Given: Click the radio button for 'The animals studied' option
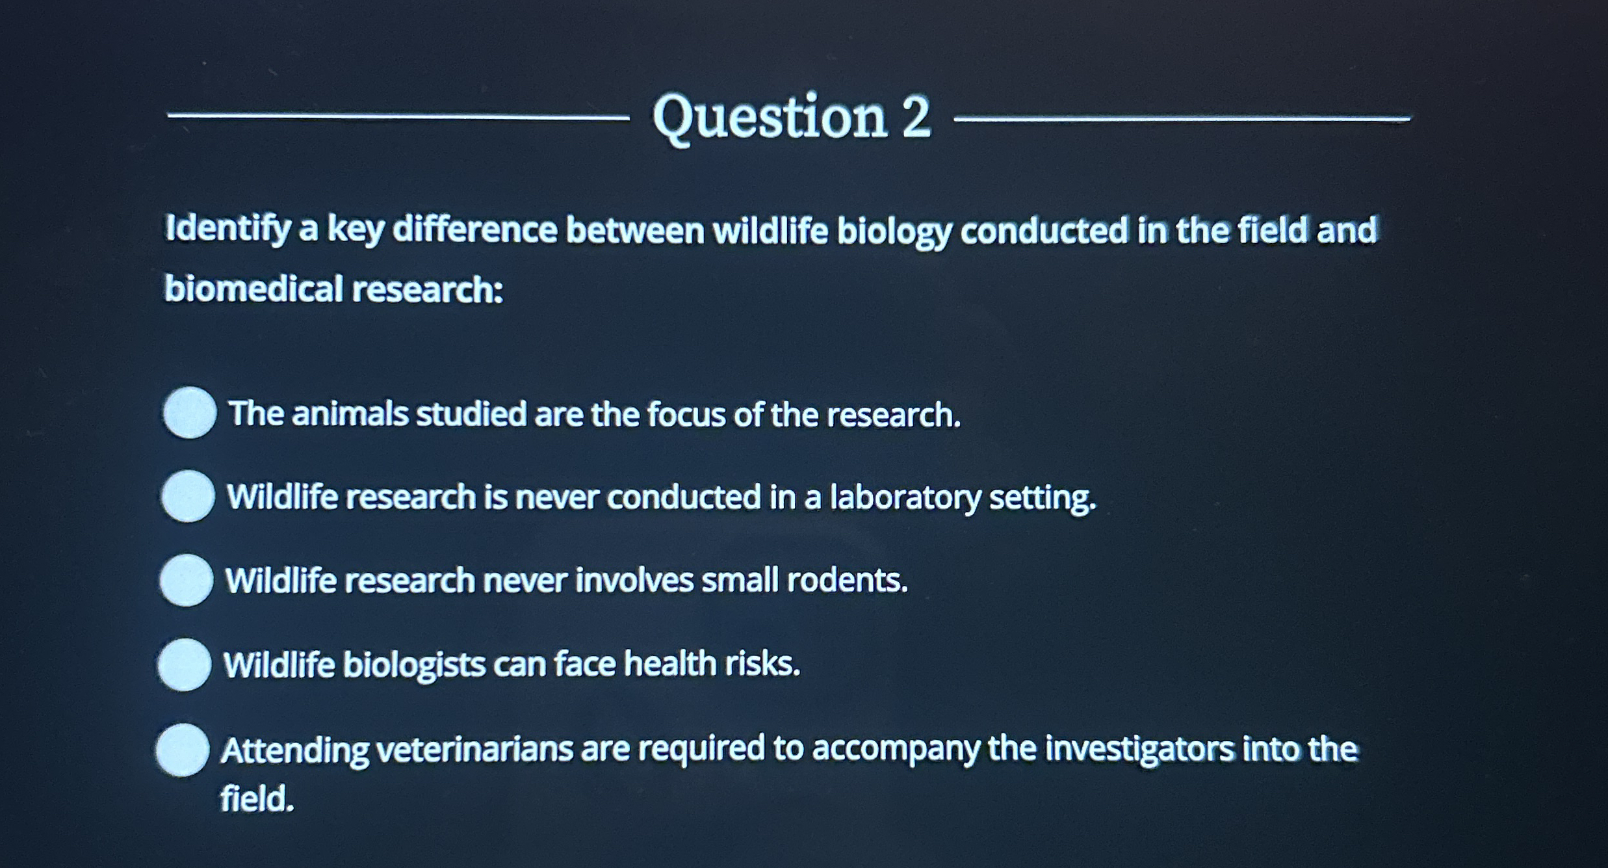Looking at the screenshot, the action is (x=190, y=413).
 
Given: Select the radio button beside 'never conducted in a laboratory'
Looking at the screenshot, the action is (x=188, y=496).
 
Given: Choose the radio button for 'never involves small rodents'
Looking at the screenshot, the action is (x=187, y=580).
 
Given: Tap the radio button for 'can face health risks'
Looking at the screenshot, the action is (x=185, y=664).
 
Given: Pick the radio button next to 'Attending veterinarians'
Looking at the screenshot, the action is (x=183, y=750).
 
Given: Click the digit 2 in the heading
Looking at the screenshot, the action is (x=916, y=118).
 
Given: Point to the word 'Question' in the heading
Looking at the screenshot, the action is (x=770, y=118).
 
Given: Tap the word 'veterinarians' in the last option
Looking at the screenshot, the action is (x=475, y=750).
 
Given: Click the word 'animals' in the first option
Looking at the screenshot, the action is (x=350, y=414).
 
